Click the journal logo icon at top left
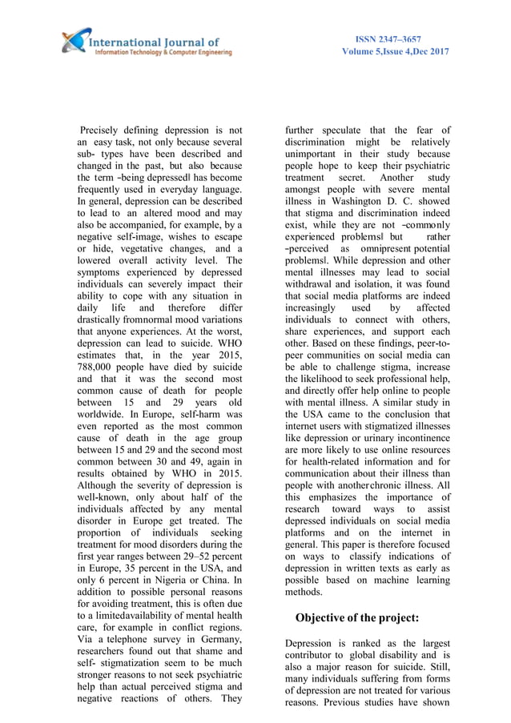click(76, 39)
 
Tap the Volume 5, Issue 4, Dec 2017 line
click(395, 52)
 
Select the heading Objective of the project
click(357, 617)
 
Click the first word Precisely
click(107, 130)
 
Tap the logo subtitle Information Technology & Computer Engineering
click(163, 52)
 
